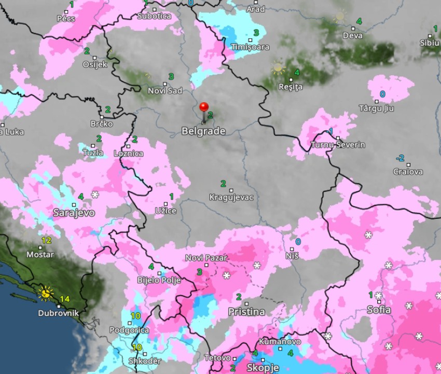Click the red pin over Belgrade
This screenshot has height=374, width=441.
pos(204,108)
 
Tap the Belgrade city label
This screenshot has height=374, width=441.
pos(203,131)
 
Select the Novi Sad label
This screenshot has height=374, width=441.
pos(165,91)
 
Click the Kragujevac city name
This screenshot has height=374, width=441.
pos(231,197)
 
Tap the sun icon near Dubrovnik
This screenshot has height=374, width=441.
pos(46,294)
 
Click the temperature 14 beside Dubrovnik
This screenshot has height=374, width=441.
pos(64,299)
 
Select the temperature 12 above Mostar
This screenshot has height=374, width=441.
pos(46,240)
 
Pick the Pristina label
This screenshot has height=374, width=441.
pos(246,312)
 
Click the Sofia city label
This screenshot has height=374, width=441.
pos(379,310)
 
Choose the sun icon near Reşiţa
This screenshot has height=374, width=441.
pos(278,67)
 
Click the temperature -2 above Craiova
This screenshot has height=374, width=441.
pos(400,158)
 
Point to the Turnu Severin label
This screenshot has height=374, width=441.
pos(338,145)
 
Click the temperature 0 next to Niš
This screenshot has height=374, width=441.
pos(298,242)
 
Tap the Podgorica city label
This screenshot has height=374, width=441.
pos(129,330)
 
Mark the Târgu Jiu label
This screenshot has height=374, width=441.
pos(376,108)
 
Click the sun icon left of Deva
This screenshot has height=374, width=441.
pos(339,16)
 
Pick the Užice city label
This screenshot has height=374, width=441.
pos(166,211)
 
